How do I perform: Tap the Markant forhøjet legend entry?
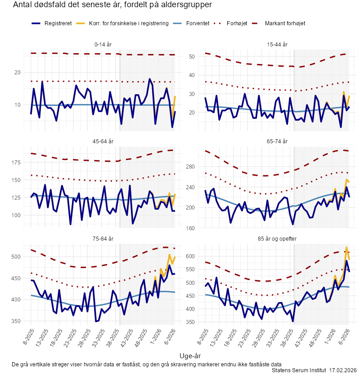pos(285,23)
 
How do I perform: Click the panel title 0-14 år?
pos(103,45)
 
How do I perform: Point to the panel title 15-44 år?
pos(277,45)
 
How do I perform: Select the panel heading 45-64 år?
pos(103,141)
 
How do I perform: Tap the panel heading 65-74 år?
pos(277,141)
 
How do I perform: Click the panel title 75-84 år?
pos(103,238)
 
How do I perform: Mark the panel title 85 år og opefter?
pos(277,238)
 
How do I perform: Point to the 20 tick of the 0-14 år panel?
pos(18,73)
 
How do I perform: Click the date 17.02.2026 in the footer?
pos(343,370)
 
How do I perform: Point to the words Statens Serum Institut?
pos(299,370)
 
